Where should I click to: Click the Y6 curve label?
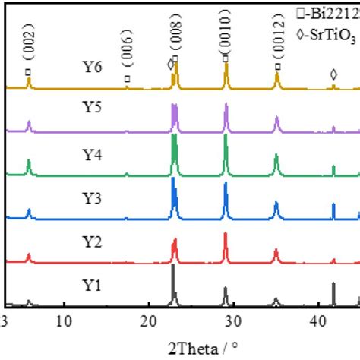tap(93, 66)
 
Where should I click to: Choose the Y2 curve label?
tap(93, 242)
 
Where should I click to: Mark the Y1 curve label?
tap(93, 286)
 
